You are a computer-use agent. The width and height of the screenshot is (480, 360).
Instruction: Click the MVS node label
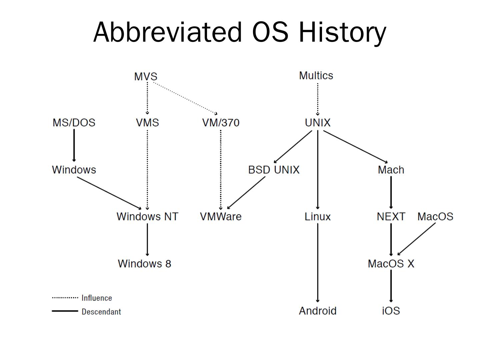click(146, 76)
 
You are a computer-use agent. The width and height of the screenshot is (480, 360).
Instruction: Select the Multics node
click(316, 76)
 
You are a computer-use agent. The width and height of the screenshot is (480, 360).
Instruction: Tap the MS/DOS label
click(74, 123)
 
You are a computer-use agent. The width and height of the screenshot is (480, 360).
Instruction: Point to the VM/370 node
click(221, 123)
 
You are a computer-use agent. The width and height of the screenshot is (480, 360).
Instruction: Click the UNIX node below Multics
click(318, 123)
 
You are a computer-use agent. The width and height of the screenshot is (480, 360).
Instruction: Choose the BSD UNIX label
click(274, 170)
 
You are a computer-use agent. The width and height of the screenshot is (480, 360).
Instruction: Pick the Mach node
click(391, 170)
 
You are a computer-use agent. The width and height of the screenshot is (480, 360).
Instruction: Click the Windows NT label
click(147, 217)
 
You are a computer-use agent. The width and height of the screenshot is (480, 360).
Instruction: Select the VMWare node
click(221, 217)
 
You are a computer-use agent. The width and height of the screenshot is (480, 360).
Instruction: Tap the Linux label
click(318, 217)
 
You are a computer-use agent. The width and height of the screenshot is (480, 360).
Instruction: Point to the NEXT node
click(391, 217)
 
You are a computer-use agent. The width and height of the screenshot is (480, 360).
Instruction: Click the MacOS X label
click(391, 264)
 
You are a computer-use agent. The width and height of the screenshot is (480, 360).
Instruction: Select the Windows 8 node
click(144, 264)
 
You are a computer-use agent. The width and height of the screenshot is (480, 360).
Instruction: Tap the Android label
click(318, 311)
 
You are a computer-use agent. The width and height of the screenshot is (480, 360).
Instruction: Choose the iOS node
click(391, 311)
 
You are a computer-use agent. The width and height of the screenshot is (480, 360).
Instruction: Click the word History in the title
click(342, 32)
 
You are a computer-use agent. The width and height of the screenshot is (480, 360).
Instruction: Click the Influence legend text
click(97, 298)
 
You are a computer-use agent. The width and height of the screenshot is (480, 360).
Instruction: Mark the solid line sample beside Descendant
click(65, 311)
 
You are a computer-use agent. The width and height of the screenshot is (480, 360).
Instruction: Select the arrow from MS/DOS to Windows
click(74, 145)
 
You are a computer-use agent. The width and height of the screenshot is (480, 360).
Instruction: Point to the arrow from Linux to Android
click(318, 263)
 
